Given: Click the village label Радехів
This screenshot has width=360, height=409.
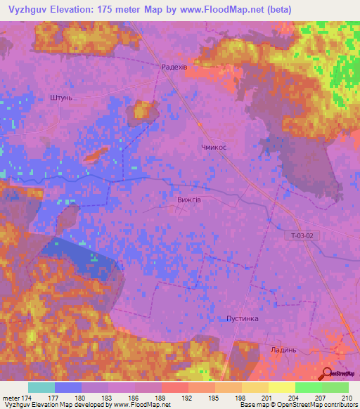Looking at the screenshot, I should (174, 67).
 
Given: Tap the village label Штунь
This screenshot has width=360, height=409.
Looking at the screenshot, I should (61, 98).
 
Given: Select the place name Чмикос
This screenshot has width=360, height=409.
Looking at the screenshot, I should (213, 148).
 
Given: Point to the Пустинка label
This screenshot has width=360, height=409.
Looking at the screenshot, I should (243, 318).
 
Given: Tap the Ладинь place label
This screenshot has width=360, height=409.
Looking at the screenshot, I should (283, 349).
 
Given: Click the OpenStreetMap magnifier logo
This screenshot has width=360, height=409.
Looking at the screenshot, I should (326, 372).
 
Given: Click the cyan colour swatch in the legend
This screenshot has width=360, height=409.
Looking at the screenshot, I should (41, 387).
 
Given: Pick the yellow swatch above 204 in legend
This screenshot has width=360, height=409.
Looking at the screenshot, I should (281, 387).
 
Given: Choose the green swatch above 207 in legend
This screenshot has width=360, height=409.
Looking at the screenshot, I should (308, 387).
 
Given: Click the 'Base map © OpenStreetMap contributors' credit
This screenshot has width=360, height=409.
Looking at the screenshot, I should (297, 405).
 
